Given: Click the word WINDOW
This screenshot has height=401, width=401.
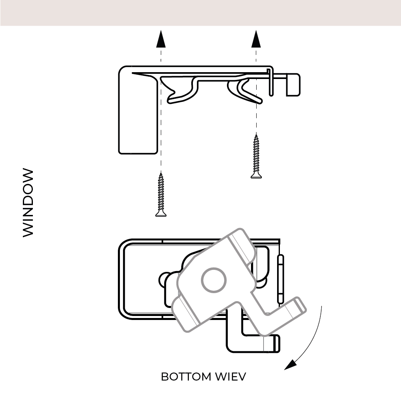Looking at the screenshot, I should click(28, 203).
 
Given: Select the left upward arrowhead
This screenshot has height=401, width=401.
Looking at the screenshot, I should click(161, 39).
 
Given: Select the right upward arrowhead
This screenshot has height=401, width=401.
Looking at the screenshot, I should click(256, 39).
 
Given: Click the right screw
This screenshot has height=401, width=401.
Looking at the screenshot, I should click(255, 157).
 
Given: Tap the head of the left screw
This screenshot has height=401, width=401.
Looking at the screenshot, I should click(161, 214).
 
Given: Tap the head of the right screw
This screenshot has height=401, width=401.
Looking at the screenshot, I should click(255, 175).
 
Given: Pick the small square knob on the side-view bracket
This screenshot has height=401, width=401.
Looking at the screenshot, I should click(293, 84).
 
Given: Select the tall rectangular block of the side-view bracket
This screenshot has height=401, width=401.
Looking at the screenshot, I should click(138, 116).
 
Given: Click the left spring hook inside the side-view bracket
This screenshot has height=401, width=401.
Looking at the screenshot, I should click(180, 90).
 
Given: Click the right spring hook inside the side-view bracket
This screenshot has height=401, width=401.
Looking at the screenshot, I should click(245, 90).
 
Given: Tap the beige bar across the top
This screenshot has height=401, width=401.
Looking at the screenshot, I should click(200, 12).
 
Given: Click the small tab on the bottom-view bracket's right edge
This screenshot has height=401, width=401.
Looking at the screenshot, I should click(281, 279).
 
